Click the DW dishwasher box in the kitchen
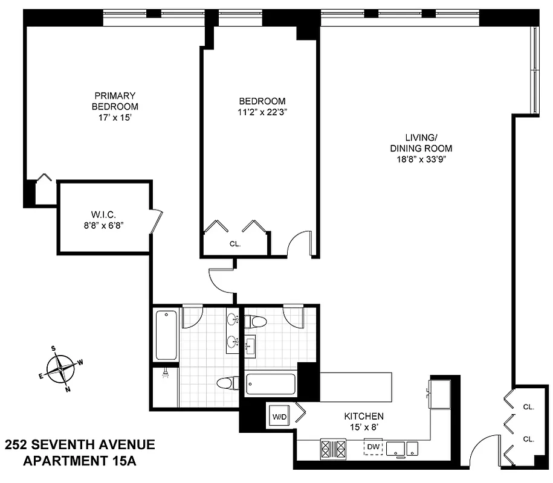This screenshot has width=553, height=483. point(372,446)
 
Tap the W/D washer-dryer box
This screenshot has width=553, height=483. point(280,417)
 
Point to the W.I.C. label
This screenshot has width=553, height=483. point(104,214)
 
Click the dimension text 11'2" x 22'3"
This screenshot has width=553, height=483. point(262,111)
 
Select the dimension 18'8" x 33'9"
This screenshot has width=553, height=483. point(421,159)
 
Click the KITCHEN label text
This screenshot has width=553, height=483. point(364,417)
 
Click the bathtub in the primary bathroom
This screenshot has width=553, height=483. point(166,335)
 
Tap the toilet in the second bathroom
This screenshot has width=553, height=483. point(257,322)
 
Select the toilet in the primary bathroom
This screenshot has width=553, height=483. point(227,382)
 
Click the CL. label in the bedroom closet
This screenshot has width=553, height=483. point(234,245)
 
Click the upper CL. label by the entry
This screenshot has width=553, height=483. point(528,408)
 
